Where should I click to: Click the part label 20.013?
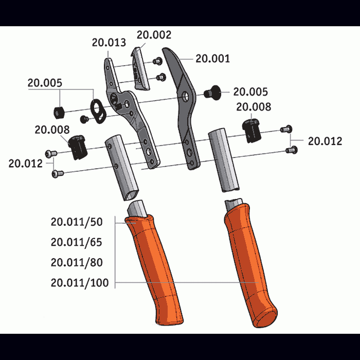(109, 43)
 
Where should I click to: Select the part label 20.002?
(154, 35)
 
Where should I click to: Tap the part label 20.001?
(212, 59)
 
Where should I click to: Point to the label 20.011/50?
(77, 222)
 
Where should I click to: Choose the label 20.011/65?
(77, 242)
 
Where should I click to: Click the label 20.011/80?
(77, 262)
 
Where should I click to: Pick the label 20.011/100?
(80, 283)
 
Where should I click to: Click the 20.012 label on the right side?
(325, 141)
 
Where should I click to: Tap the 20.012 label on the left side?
(26, 164)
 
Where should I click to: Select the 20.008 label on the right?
(254, 107)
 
